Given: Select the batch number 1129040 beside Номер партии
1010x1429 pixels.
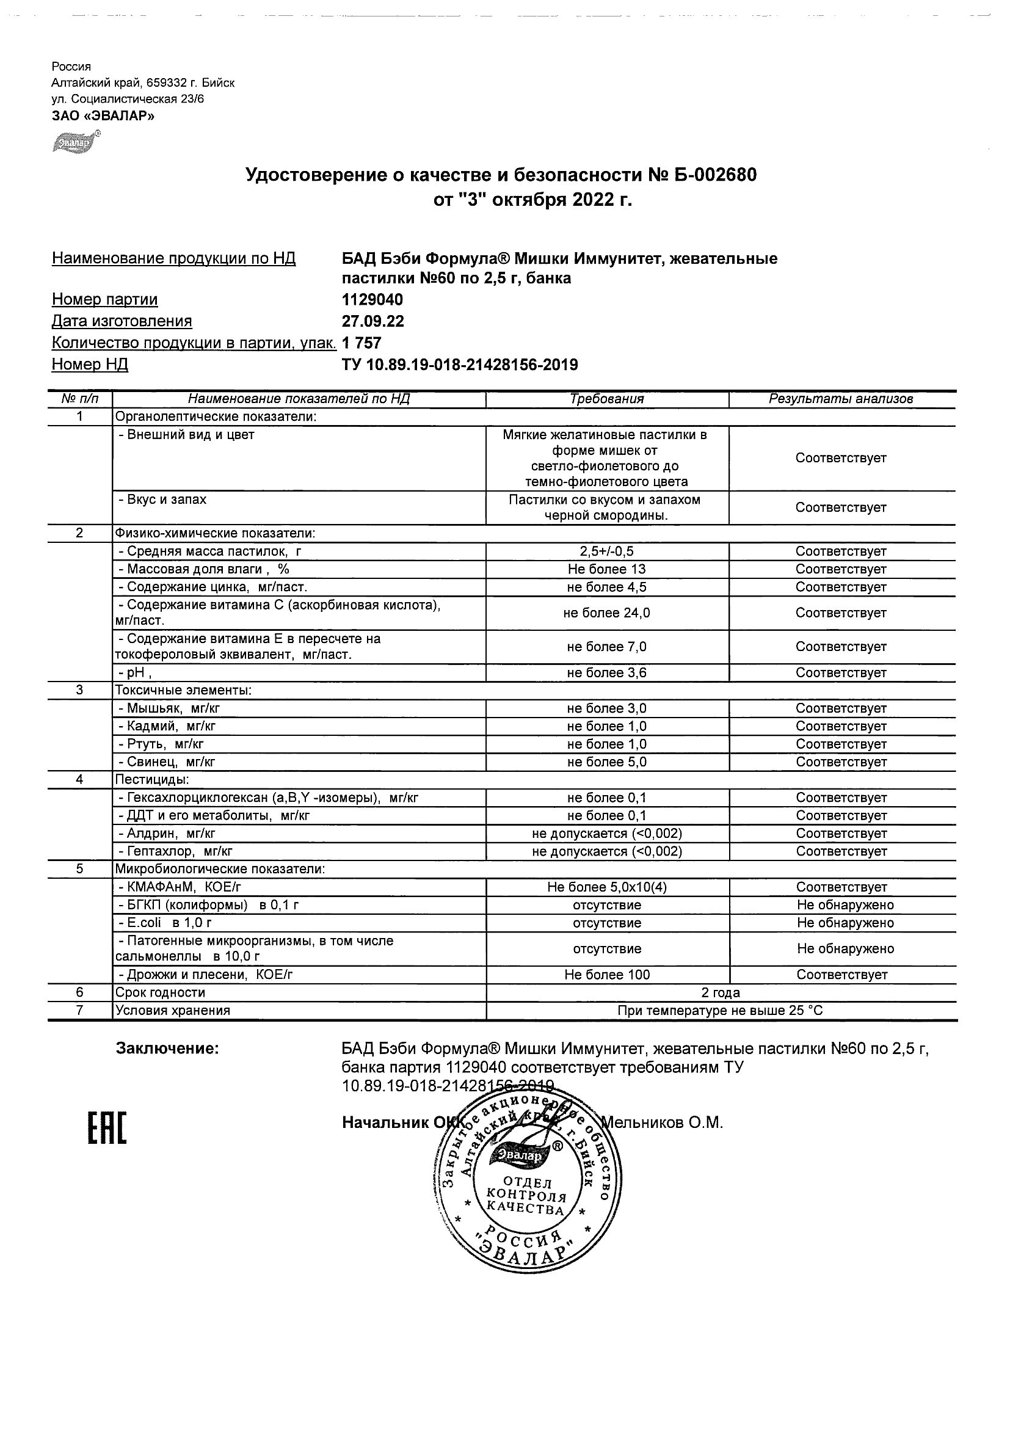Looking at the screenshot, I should click(372, 300).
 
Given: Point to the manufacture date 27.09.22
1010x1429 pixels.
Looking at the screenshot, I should click(372, 321).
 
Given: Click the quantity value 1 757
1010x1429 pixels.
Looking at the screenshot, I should click(361, 343).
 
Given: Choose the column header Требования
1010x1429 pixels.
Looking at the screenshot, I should click(607, 399).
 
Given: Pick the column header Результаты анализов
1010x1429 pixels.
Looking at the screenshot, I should click(841, 399).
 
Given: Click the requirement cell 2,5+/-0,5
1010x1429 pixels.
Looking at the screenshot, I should click(607, 551).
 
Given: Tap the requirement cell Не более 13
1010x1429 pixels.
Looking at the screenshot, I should click(607, 569).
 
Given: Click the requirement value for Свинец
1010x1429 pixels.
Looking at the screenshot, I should click(607, 762).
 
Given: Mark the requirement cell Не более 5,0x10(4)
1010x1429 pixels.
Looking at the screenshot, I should click(607, 887).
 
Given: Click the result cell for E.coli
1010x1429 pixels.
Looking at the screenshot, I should click(845, 923).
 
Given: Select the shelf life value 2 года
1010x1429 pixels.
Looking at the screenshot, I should click(720, 993).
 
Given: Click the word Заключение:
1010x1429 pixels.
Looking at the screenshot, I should click(167, 1049).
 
